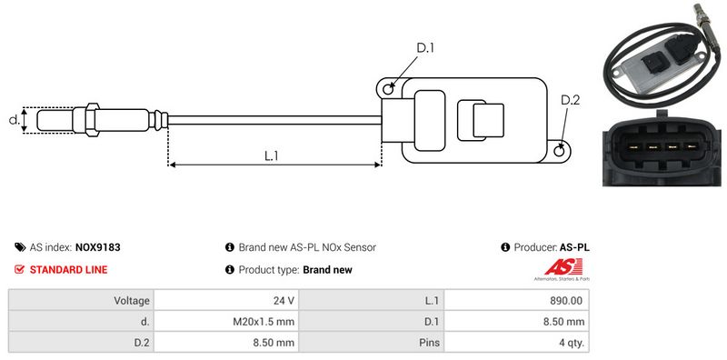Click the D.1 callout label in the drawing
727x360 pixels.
click(x=424, y=48)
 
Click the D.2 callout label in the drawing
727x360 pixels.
click(x=570, y=100)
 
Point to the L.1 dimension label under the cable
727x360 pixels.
click(x=271, y=155)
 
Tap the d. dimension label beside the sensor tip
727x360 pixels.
click(x=14, y=120)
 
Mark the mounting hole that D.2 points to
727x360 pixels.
click(x=560, y=150)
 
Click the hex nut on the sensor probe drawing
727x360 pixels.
click(x=92, y=120)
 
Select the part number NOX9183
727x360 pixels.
click(x=98, y=247)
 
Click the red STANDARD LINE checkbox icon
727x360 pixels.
click(x=19, y=269)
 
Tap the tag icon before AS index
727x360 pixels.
click(x=20, y=247)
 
